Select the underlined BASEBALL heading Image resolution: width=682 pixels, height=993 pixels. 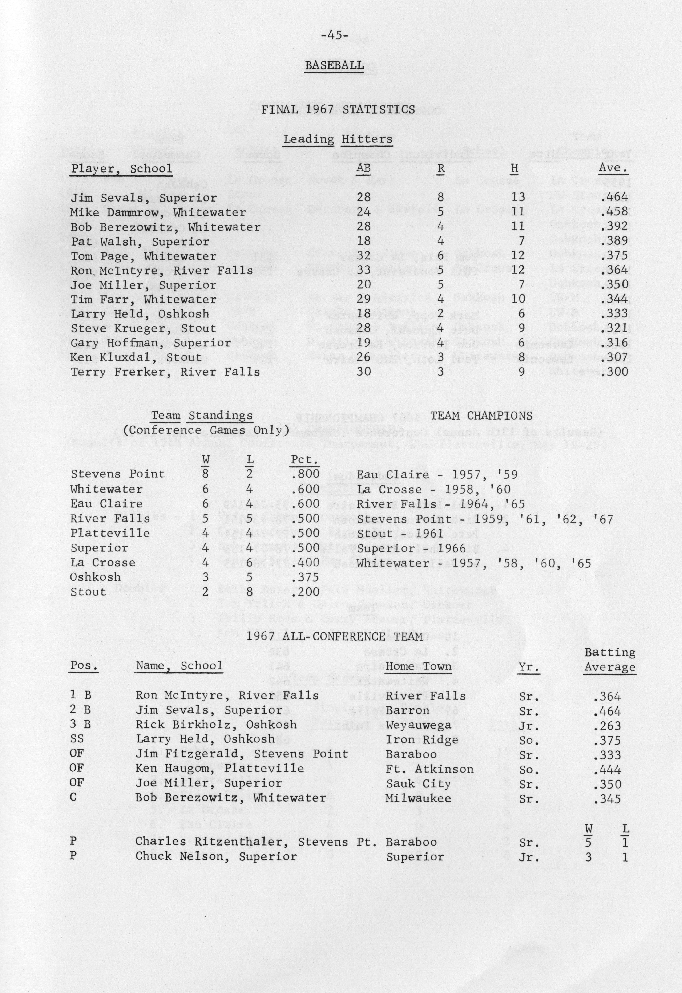click(x=335, y=65)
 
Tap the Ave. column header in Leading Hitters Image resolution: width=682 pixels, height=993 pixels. click(x=613, y=168)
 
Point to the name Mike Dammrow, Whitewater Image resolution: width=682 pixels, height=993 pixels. click(x=158, y=212)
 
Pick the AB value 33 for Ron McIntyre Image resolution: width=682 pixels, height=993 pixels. click(x=364, y=270)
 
